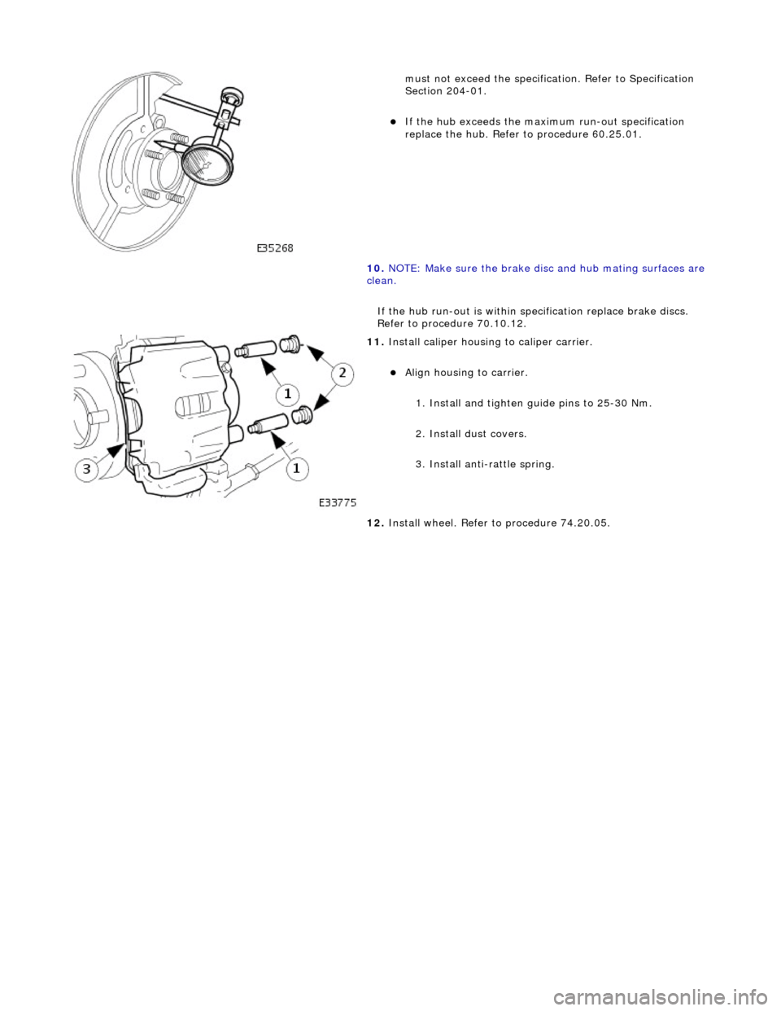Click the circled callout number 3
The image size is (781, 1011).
coord(90,470)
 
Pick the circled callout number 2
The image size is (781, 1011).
coord(343,372)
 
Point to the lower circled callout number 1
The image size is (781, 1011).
coord(295,469)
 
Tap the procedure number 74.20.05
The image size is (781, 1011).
coord(582,523)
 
